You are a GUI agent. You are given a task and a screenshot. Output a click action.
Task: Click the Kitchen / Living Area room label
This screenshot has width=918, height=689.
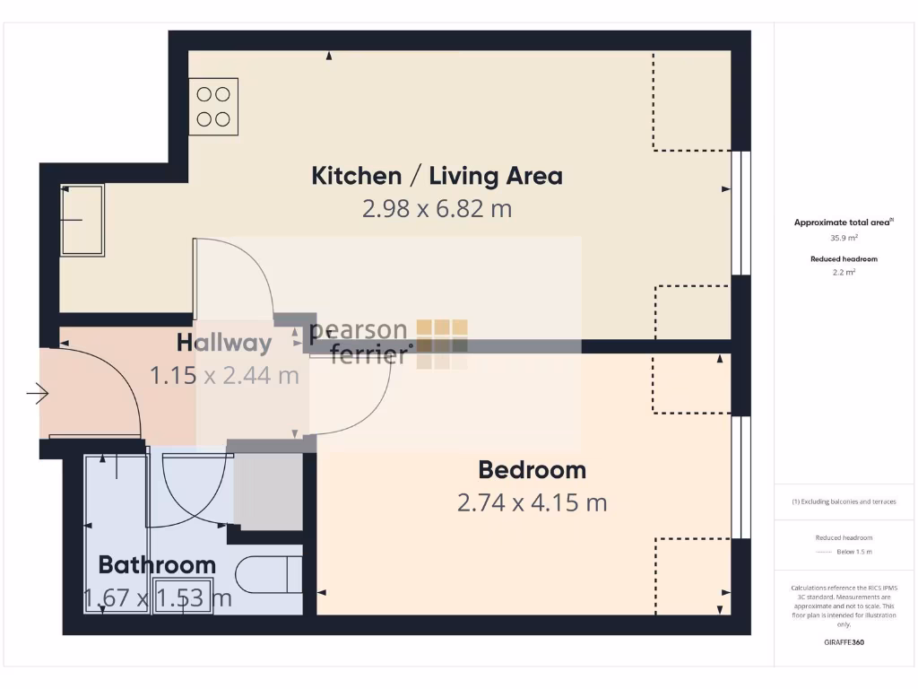(x=437, y=175)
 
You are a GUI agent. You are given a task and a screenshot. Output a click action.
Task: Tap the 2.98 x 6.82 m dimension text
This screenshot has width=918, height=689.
(x=437, y=209)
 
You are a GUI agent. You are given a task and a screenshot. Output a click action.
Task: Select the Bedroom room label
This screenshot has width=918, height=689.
(x=532, y=469)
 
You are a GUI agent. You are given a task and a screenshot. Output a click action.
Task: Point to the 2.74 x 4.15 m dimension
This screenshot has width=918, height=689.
(x=532, y=502)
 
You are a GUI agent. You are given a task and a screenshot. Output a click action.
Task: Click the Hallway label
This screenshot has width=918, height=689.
(x=224, y=342)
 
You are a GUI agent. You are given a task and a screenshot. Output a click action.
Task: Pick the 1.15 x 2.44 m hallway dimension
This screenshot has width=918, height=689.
(x=224, y=375)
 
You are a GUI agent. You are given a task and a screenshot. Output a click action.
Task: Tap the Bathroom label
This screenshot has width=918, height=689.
(x=157, y=564)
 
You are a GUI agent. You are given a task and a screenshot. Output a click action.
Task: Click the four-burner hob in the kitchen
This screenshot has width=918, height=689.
(x=213, y=106)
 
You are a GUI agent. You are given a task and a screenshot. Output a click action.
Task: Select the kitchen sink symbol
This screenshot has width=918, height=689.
(x=82, y=220)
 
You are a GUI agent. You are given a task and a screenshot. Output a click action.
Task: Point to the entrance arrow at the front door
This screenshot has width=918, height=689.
(x=37, y=393)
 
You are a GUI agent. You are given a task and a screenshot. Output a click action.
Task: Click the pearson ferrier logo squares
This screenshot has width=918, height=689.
(x=442, y=344)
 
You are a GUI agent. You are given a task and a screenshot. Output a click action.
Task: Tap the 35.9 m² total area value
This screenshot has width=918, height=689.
(x=843, y=239)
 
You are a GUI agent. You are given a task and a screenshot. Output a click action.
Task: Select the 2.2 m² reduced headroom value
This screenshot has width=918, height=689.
(x=843, y=272)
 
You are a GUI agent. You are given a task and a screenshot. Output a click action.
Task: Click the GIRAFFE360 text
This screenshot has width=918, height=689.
(x=843, y=642)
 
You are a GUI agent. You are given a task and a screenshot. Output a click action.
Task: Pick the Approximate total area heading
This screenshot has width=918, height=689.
(x=843, y=222)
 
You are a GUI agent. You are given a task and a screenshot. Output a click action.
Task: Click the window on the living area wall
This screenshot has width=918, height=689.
(x=740, y=212)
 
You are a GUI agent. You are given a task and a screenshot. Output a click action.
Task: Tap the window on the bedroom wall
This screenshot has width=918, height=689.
(x=740, y=477)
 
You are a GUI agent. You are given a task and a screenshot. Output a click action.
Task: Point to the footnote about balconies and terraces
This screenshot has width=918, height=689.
(x=843, y=501)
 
